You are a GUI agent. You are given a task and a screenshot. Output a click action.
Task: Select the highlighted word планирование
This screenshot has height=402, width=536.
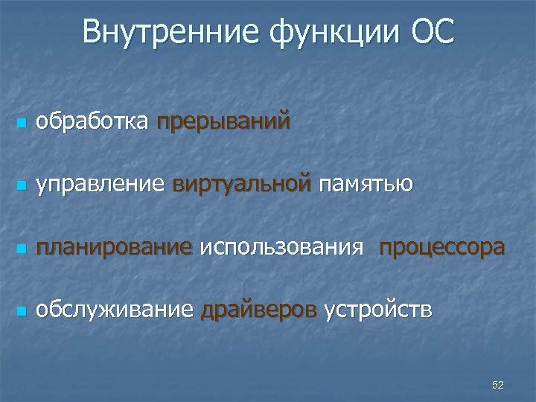114,247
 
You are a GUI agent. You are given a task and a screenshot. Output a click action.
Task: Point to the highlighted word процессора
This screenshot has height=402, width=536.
441,247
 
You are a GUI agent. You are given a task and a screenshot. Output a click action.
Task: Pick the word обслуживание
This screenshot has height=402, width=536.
115,310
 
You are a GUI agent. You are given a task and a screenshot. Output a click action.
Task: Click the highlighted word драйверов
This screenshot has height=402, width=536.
259,310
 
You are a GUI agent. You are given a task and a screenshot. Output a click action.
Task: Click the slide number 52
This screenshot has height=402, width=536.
498,385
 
